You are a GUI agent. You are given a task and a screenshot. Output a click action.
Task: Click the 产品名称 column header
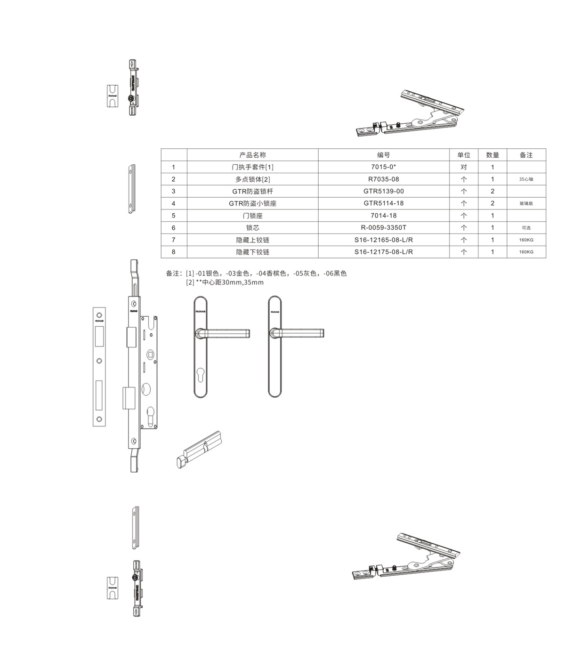[252, 155]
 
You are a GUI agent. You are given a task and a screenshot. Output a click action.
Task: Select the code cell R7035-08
[383, 179]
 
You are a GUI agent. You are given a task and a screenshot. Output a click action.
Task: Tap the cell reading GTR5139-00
[383, 191]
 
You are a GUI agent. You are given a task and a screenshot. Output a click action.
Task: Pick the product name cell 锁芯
[252, 228]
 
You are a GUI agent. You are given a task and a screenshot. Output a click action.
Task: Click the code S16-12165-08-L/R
[383, 240]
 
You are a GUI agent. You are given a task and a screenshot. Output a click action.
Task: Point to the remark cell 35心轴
[526, 179]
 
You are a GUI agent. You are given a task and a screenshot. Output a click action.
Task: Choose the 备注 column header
[526, 155]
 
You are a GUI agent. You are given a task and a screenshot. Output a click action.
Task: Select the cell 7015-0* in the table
[383, 167]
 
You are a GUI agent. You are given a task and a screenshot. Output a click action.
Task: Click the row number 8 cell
[173, 252]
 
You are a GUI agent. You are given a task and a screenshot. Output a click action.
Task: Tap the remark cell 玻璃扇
[526, 203]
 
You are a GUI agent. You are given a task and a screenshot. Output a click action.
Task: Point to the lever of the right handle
[301, 333]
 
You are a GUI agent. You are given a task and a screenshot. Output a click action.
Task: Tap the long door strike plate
[99, 367]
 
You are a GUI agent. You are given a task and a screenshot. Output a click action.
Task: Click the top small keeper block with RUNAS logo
[113, 96]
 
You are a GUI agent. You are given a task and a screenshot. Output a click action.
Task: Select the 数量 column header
[492, 155]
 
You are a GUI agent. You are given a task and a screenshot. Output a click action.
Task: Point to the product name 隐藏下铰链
[252, 252]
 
